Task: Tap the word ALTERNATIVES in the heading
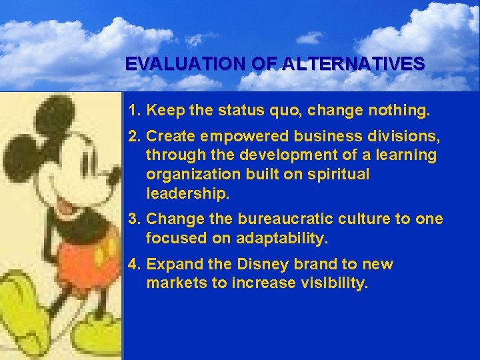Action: point(353,64)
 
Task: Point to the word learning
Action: point(406,155)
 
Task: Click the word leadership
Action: point(187,193)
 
